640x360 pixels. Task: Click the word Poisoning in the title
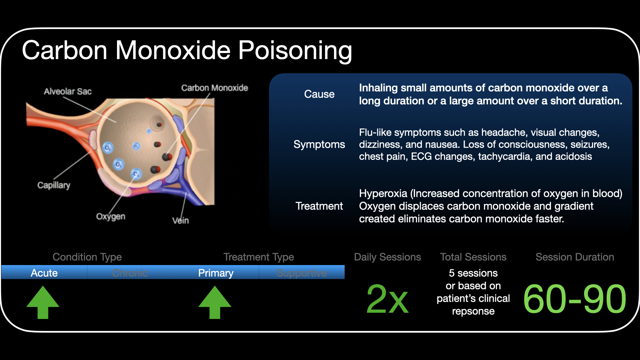295,51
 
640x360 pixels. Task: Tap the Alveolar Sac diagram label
68,91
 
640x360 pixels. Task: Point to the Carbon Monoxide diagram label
214,88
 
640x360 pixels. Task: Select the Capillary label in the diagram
54,185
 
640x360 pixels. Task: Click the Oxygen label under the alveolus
111,216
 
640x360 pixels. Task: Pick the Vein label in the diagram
180,220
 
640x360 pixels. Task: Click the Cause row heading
319,94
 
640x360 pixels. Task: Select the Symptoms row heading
319,144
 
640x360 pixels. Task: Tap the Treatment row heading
319,206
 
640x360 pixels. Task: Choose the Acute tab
44,273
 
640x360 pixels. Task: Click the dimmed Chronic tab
130,273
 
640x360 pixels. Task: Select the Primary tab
216,273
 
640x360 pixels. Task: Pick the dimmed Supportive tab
302,273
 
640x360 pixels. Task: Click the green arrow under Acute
43,302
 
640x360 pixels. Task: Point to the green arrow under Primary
215,302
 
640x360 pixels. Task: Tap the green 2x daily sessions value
387,299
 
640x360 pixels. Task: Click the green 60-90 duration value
575,299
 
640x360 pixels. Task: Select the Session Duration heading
575,257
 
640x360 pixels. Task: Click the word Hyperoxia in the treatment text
383,193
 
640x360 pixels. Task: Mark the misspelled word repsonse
473,311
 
